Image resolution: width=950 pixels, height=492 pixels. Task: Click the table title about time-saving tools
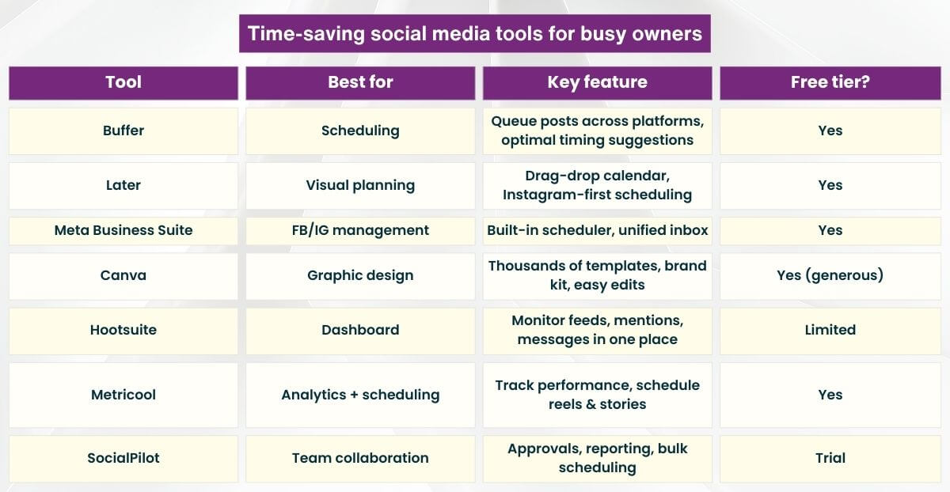point(474,33)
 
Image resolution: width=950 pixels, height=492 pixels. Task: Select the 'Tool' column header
point(123,82)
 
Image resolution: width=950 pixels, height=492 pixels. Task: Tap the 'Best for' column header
point(360,82)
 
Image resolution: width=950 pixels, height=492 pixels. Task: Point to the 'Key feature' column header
point(597,82)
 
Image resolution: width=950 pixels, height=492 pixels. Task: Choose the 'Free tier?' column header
point(830,82)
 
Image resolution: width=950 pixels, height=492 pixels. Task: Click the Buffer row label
point(123,131)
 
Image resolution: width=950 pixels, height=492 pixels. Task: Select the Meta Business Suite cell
point(123,230)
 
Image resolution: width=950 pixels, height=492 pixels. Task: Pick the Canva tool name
point(123,275)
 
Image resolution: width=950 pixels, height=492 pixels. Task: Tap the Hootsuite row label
point(123,330)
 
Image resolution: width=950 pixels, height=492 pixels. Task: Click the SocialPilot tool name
point(123,458)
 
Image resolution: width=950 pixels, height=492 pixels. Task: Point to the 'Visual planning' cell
point(360,185)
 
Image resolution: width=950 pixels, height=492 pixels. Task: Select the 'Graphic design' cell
point(360,275)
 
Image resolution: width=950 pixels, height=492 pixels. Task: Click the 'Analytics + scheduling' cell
point(360,395)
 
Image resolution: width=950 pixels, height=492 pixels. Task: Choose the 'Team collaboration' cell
point(360,458)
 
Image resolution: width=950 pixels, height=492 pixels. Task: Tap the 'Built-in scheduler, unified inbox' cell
point(597,230)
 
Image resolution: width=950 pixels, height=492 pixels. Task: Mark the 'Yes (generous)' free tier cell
point(830,275)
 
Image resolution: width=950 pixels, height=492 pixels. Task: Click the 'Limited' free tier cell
point(830,330)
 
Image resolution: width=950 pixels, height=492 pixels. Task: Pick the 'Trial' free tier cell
point(830,458)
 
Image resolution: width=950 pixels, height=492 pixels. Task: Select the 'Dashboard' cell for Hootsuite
point(360,330)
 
